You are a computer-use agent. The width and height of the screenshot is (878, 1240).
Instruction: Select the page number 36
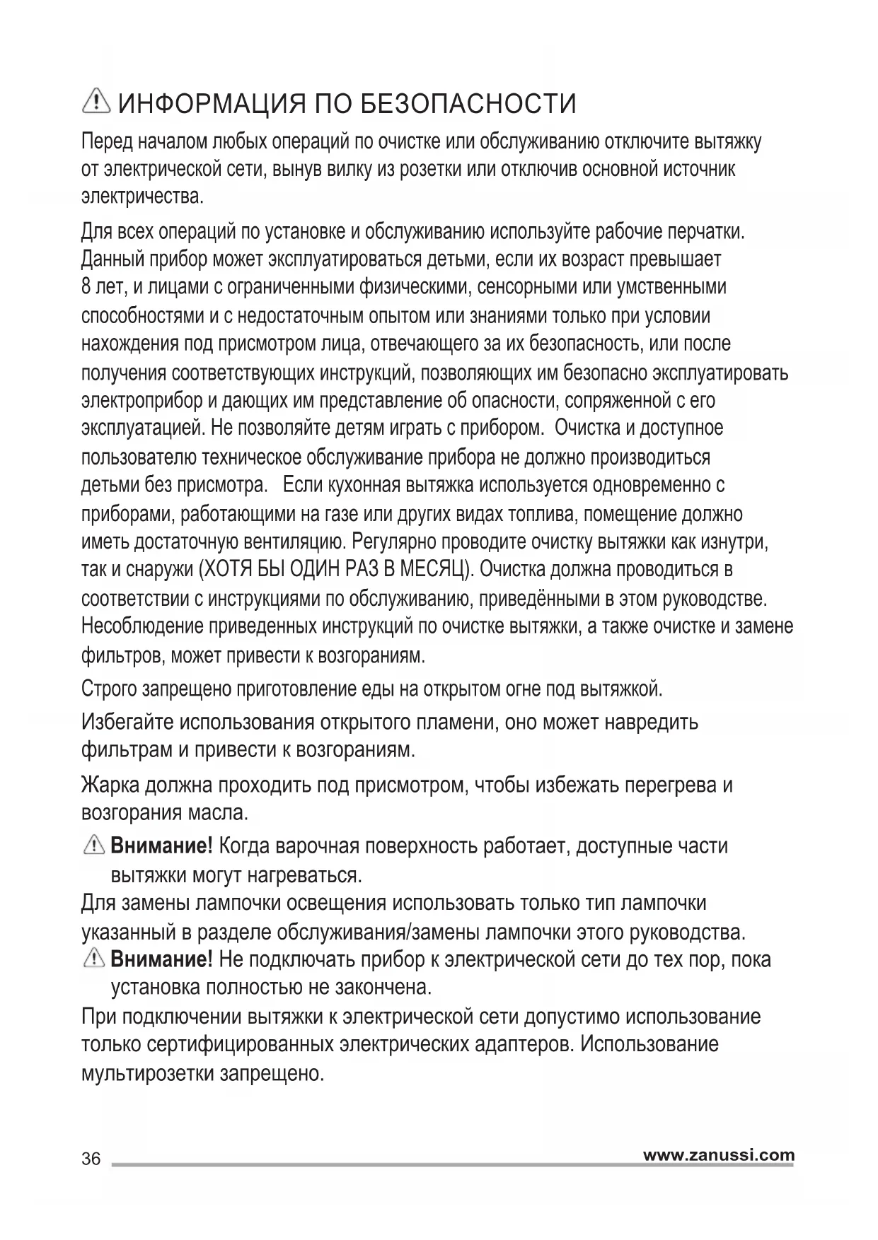(x=91, y=1159)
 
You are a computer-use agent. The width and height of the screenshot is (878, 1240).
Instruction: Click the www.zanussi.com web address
(x=718, y=1155)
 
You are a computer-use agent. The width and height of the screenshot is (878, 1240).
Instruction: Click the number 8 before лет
(x=86, y=288)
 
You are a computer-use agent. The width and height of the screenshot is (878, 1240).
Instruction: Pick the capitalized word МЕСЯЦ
(x=432, y=571)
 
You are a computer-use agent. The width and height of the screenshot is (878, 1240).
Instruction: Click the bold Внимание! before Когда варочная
(x=161, y=846)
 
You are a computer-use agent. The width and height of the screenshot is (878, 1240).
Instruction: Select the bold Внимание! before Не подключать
(x=161, y=959)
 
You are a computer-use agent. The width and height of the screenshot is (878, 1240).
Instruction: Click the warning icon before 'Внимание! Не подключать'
(x=93, y=959)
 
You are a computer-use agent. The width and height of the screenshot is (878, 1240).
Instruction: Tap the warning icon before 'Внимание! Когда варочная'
(x=93, y=845)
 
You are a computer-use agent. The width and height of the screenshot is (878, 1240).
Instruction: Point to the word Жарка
(x=110, y=785)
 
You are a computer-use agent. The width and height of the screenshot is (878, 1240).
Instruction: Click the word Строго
(x=110, y=689)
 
